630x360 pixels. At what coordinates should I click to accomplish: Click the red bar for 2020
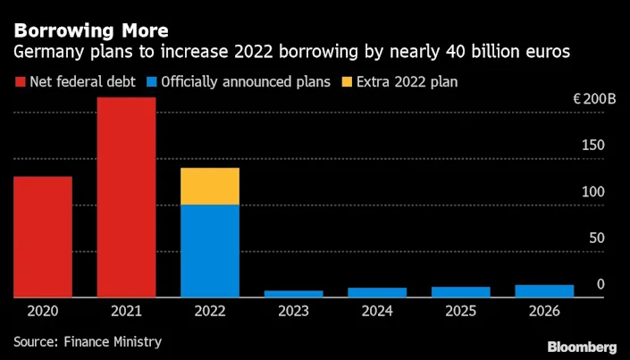[x=43, y=237]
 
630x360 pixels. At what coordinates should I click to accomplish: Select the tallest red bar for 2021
[x=126, y=197]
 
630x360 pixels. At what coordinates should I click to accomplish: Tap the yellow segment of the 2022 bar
[x=210, y=186]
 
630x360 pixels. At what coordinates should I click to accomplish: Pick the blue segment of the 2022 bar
[x=210, y=251]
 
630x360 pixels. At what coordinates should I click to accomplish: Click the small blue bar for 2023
[x=293, y=294]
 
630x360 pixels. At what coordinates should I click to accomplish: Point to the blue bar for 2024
[x=377, y=292]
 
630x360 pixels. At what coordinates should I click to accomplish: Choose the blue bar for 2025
[x=460, y=292]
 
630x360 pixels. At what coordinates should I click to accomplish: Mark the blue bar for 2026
[x=543, y=291]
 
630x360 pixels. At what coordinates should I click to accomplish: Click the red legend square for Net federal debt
[x=19, y=82]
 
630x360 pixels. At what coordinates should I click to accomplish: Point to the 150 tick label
[x=593, y=146]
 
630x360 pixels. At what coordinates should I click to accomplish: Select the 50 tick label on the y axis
[x=595, y=239]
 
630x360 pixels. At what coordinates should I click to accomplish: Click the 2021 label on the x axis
[x=126, y=312]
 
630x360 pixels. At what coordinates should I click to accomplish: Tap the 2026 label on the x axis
[x=543, y=312]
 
